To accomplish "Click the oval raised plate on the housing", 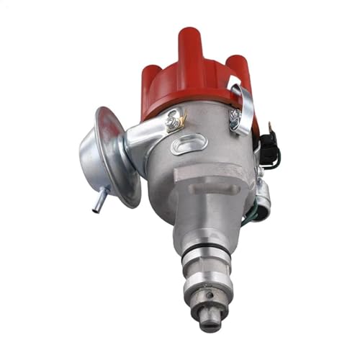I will [190, 143].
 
